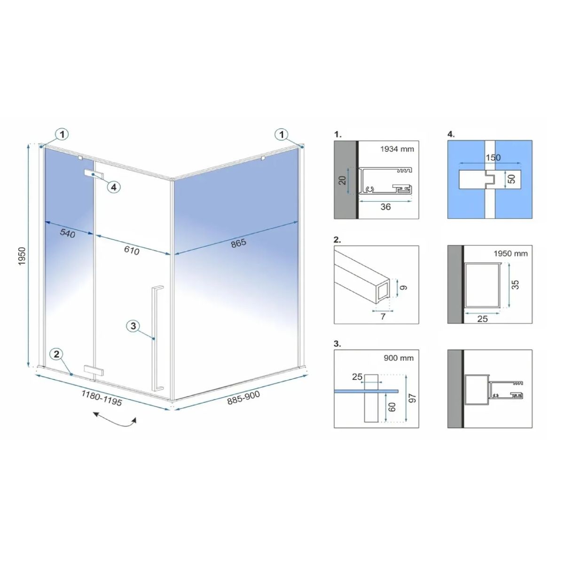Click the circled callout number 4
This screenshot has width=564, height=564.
tap(114, 187)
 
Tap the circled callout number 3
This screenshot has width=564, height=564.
tap(133, 326)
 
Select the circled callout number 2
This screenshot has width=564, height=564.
tap(56, 354)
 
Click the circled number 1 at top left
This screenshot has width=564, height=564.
tap(62, 134)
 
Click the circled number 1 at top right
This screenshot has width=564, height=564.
tap(282, 134)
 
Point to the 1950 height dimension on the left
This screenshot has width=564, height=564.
tap(23, 257)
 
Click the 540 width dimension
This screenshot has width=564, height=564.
tap(68, 233)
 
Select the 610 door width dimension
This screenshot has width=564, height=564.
tap(132, 250)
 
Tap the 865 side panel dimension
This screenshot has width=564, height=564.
tap(239, 243)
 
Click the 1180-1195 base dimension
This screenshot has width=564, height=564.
tap(101, 398)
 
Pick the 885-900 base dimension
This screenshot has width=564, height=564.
tap(243, 398)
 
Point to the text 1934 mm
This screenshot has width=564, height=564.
tap(397, 149)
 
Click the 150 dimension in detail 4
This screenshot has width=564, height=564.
tap(493, 157)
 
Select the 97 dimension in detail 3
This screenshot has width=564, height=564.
tap(412, 398)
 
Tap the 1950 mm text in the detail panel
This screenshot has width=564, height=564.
tap(511, 253)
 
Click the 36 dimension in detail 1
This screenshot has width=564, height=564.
tap(385, 207)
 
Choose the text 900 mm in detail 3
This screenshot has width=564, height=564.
tap(399, 358)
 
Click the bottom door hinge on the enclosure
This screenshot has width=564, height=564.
tap(94, 370)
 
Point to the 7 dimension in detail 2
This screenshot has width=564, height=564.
tap(383, 316)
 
